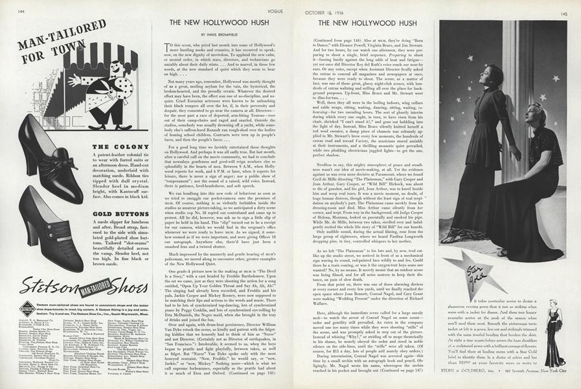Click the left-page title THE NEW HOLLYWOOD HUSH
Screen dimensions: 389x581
coord(214,22)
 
